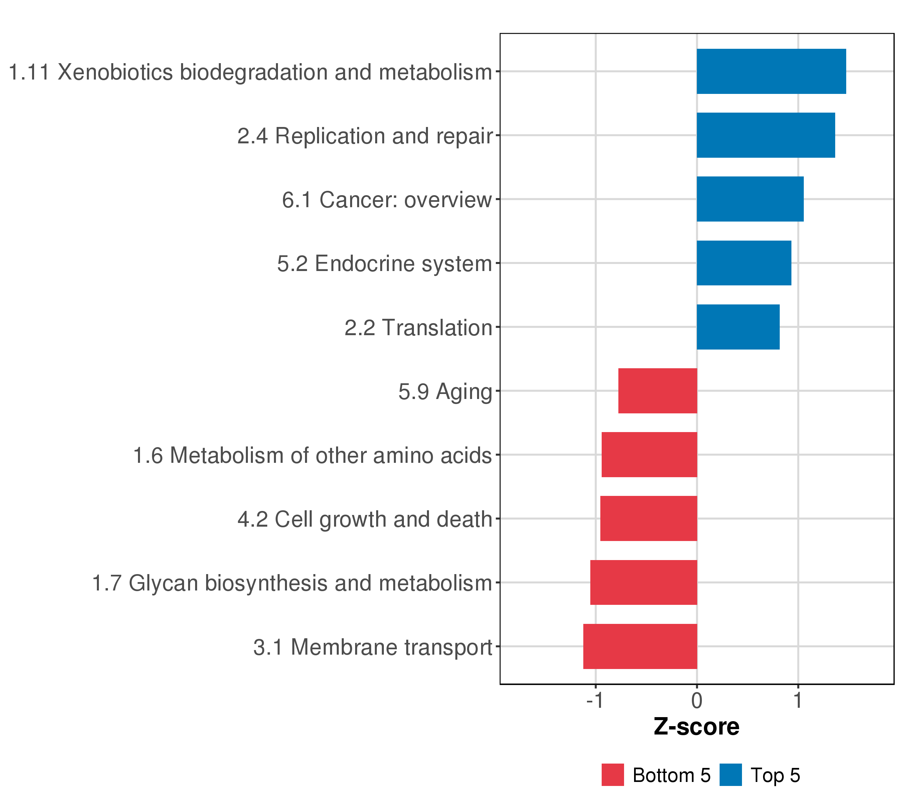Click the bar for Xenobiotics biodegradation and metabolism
[x=771, y=72]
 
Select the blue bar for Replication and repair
[x=766, y=135]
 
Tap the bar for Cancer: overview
[x=750, y=199]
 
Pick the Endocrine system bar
[x=744, y=263]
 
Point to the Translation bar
[x=738, y=327]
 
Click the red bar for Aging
[x=657, y=391]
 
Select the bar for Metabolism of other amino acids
[x=649, y=454]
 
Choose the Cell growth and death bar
[x=649, y=519]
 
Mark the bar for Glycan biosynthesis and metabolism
[x=644, y=583]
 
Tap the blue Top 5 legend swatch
[x=731, y=775]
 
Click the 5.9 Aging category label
[x=445, y=392]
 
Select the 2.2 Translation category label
[x=418, y=328]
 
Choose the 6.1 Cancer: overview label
[x=387, y=200]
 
